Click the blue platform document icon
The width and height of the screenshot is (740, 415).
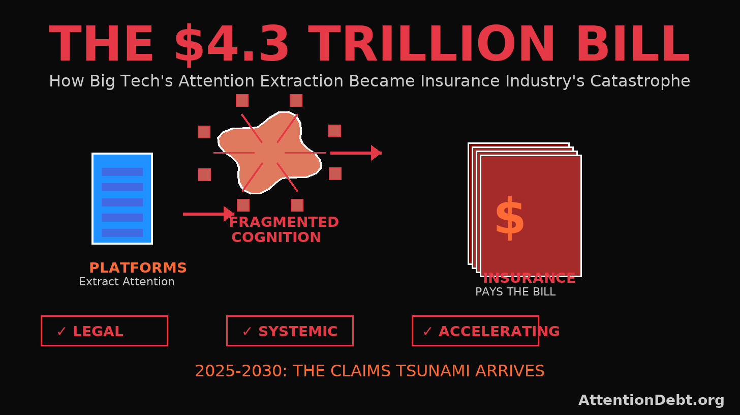tap(122, 198)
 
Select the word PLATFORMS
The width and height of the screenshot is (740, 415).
tap(138, 268)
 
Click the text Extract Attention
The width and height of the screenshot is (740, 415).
tap(127, 282)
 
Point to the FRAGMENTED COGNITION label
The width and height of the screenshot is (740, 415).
tap(283, 230)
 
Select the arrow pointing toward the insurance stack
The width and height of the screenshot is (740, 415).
tap(355, 153)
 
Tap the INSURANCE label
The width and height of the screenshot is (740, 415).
tap(529, 279)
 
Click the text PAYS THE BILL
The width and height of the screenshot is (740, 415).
tap(515, 292)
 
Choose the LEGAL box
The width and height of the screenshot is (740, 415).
tap(104, 331)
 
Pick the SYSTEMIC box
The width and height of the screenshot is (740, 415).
tap(290, 331)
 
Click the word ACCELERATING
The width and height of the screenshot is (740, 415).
tap(499, 332)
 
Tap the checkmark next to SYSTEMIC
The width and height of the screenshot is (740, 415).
tap(247, 332)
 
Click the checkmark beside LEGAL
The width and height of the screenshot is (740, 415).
tap(61, 332)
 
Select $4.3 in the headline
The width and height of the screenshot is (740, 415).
tap(231, 45)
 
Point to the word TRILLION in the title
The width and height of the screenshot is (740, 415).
tap(432, 45)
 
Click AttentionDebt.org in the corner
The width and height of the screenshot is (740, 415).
tap(651, 400)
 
